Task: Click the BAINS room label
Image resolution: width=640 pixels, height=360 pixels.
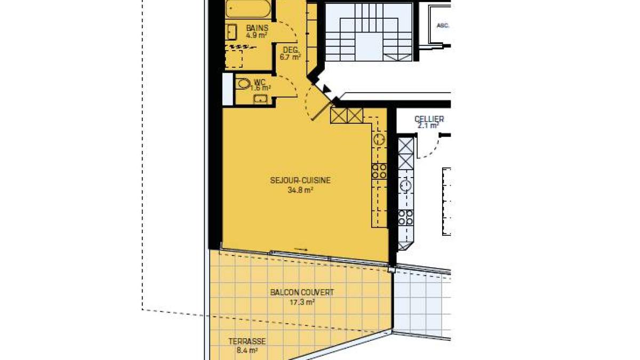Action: [257, 28]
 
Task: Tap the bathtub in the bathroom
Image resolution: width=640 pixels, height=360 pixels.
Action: [248, 9]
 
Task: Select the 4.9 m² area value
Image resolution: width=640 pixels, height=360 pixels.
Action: [257, 35]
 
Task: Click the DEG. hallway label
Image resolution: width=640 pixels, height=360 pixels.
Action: [291, 50]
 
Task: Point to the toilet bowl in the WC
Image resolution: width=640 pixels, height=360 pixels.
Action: [243, 84]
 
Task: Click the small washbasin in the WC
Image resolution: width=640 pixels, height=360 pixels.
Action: [260, 99]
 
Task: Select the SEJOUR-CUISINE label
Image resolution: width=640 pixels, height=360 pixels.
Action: [300, 180]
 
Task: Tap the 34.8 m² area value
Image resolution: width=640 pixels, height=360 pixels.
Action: [300, 190]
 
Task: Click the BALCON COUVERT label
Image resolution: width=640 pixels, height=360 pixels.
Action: [302, 293]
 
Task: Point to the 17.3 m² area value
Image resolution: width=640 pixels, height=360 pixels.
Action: [302, 302]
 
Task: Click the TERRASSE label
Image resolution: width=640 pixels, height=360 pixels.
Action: [247, 341]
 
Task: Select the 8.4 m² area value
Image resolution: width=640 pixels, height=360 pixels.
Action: [247, 350]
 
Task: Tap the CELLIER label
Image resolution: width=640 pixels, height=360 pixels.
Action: [429, 119]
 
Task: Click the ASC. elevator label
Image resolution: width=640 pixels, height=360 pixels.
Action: [443, 26]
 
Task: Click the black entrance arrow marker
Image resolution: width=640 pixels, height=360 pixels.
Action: [326, 89]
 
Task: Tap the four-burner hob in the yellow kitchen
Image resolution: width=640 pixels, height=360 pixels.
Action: [379, 171]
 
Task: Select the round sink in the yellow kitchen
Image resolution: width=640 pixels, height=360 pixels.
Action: [379, 139]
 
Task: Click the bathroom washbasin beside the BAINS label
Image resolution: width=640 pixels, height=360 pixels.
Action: [231, 32]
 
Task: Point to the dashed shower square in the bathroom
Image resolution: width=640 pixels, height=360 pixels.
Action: [234, 59]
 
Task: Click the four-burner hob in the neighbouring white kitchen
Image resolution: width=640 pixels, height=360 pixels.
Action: [406, 218]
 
